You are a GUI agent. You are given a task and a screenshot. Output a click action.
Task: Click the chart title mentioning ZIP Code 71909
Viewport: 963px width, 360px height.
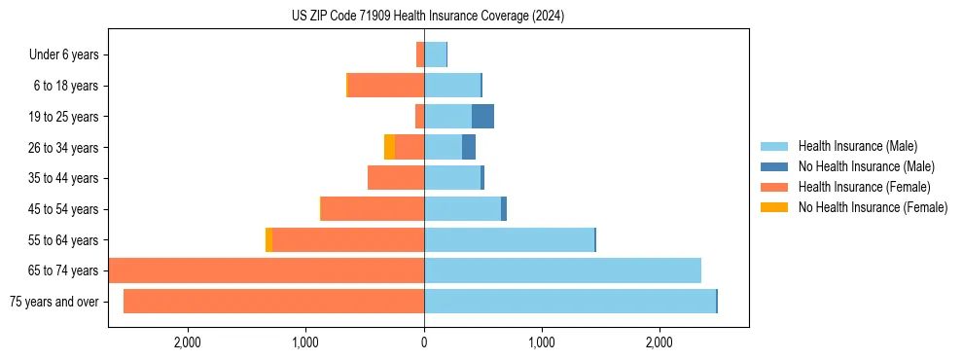coord(427,16)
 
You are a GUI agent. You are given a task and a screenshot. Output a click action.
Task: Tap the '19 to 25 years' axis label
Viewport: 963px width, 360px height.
coord(63,117)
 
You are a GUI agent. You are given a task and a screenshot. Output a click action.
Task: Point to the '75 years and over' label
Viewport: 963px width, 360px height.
coord(53,302)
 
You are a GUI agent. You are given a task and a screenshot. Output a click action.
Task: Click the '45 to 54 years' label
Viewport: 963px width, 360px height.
coord(63,209)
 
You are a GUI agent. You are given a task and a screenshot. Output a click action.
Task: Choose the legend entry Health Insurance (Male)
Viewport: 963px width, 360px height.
coord(857,146)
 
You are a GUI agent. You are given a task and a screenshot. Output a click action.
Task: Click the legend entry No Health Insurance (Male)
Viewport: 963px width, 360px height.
coord(866,166)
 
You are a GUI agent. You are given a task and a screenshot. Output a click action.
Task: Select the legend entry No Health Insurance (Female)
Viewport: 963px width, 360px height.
coord(873,207)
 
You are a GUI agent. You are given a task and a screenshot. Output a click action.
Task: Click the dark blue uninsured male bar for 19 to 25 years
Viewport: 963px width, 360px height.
coord(482,117)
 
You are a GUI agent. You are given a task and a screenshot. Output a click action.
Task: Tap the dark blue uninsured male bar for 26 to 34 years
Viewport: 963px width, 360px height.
coord(469,147)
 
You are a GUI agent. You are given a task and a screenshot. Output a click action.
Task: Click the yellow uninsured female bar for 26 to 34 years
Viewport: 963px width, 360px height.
coord(389,147)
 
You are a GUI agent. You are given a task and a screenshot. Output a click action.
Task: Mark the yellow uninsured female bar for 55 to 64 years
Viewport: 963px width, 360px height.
coord(268,240)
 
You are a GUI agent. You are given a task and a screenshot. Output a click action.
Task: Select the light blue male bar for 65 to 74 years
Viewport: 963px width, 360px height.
coord(562,270)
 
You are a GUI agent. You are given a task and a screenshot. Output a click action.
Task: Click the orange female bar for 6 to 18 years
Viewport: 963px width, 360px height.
coord(386,86)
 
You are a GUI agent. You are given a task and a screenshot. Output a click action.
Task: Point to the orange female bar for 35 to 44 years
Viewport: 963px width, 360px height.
coord(396,178)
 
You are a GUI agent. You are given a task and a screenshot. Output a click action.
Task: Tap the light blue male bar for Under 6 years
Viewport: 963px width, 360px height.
coord(435,54)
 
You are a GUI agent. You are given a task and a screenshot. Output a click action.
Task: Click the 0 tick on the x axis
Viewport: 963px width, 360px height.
coord(424,342)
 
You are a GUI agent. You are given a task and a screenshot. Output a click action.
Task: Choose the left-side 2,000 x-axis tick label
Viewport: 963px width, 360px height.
coord(187,342)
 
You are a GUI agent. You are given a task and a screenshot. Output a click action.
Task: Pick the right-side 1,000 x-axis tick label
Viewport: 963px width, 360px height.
coord(541,342)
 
